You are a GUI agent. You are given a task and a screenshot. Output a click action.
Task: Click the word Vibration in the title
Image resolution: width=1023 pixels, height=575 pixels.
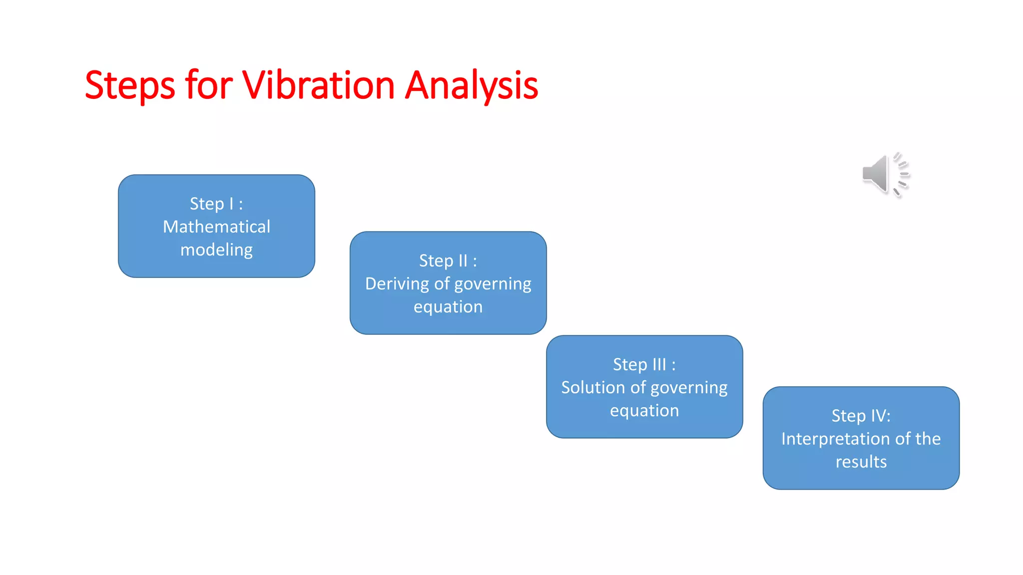[318, 85]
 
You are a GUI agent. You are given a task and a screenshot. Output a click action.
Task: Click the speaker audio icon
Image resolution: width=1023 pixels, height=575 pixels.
[885, 174]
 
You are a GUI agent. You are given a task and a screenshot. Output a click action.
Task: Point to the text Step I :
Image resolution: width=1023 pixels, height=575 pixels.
[216, 204]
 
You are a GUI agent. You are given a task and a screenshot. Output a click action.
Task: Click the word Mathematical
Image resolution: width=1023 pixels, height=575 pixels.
[216, 227]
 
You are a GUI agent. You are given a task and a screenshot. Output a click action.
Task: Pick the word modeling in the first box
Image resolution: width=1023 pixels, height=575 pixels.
[216, 250]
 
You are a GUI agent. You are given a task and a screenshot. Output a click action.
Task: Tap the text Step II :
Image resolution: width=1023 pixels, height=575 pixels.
[448, 261]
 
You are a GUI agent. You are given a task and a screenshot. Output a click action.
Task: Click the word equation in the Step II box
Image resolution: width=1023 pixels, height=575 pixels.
[448, 306]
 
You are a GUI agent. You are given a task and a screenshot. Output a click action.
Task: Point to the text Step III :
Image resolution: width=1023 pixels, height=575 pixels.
[644, 364]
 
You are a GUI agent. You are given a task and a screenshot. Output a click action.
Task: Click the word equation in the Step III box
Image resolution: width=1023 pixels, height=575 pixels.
[644, 410]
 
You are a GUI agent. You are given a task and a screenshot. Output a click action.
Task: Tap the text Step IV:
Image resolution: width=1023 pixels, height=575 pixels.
[861, 416]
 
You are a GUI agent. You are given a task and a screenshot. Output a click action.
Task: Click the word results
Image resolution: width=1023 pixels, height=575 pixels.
[861, 462]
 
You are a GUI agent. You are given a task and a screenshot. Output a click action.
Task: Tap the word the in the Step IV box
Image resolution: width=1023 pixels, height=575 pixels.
[928, 439]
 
